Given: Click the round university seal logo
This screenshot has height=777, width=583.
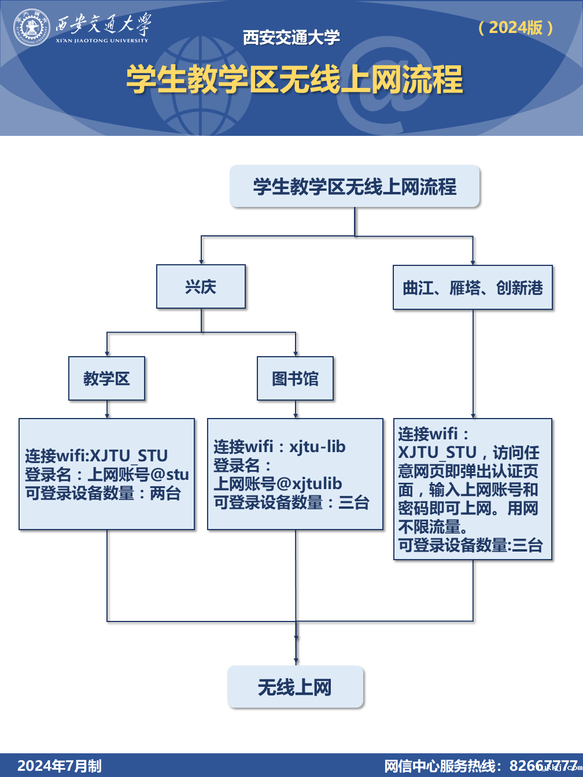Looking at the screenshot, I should (32, 27).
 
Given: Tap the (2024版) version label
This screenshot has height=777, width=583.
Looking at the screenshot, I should (516, 28).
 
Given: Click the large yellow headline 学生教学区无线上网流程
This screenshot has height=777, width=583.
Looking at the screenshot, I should (294, 79).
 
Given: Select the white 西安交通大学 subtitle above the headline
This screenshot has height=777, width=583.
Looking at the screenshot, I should (291, 38).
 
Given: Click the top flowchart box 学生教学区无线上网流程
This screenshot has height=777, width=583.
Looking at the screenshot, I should (355, 186).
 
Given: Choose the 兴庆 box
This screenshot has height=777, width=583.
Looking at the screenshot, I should (201, 287).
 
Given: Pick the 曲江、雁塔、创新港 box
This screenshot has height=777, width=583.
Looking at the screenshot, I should (473, 288).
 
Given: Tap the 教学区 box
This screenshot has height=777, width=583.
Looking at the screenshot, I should (106, 379).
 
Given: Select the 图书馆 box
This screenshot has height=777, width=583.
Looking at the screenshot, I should (295, 379).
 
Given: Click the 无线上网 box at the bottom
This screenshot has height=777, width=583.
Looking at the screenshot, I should (295, 687).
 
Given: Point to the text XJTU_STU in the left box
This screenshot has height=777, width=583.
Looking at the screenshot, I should (129, 456).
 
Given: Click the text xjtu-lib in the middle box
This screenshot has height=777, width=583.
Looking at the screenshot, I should (317, 447).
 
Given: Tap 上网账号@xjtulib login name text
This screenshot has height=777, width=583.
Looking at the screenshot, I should (278, 484).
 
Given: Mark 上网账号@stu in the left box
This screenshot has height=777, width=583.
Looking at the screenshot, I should (138, 475).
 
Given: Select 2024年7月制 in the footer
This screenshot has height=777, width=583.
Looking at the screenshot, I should (60, 766).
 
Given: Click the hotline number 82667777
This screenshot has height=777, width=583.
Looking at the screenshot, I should (543, 766).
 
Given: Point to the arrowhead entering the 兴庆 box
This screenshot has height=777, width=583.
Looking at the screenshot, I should (201, 261).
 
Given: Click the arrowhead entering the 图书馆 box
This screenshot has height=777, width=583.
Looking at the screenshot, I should (296, 353).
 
